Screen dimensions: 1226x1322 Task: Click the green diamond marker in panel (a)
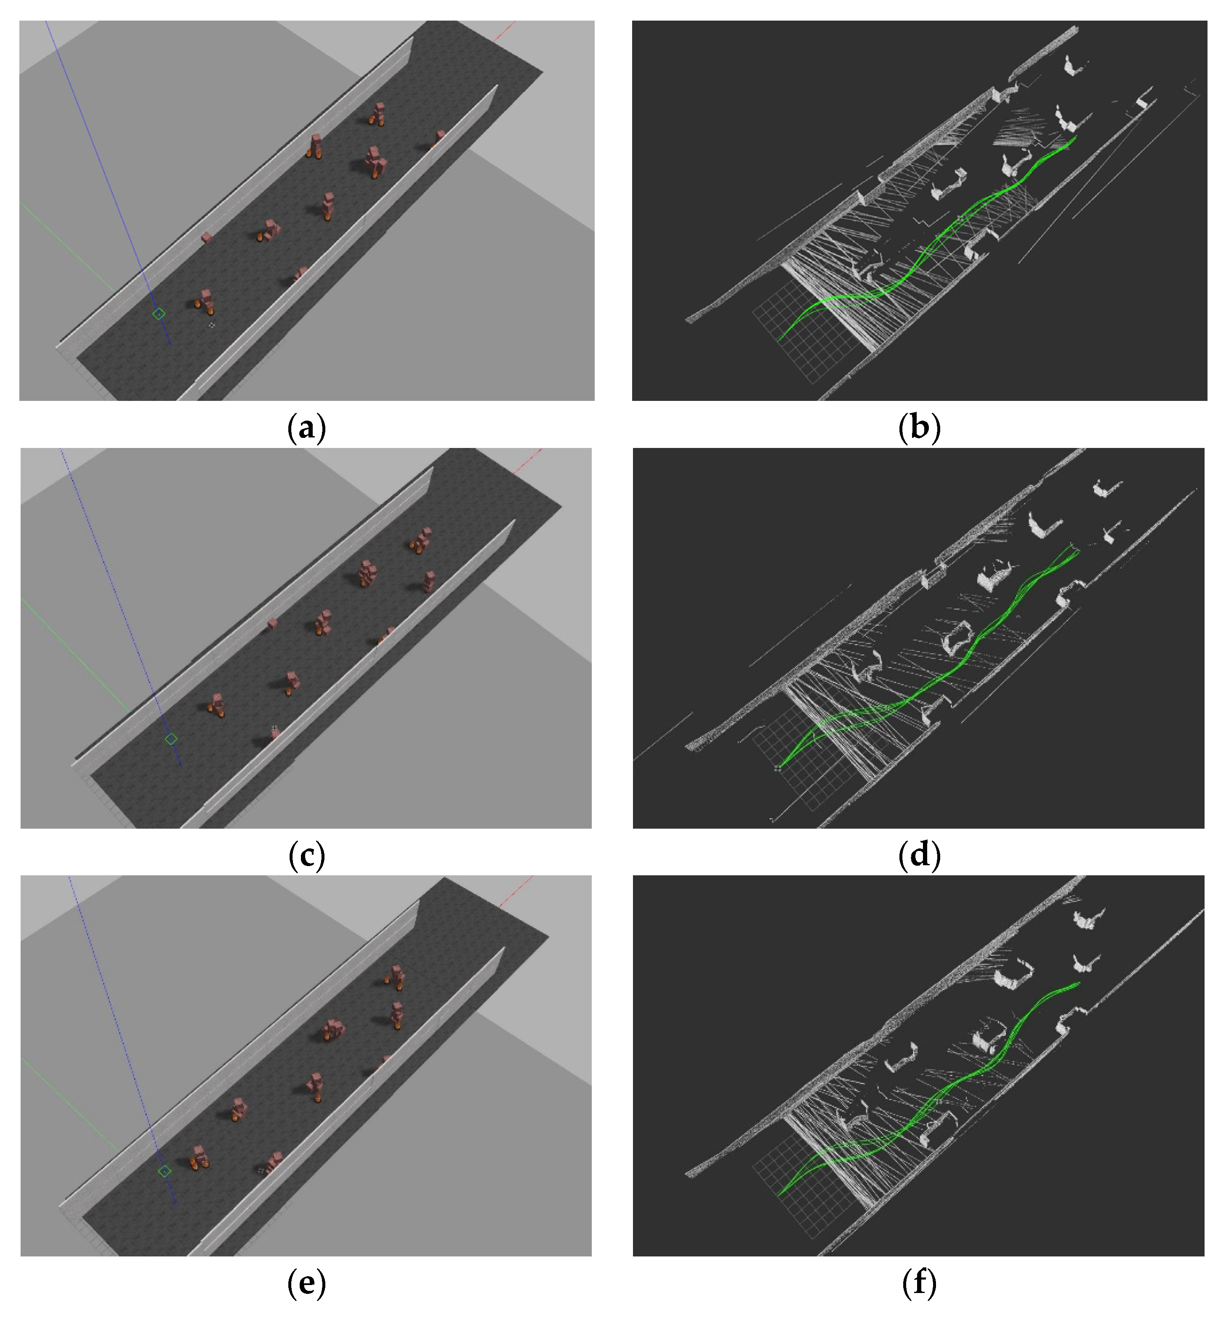(x=158, y=314)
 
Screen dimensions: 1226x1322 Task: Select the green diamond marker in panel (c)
(x=171, y=739)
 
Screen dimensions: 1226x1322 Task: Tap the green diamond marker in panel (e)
(x=164, y=1172)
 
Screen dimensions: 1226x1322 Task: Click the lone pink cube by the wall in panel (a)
(x=207, y=237)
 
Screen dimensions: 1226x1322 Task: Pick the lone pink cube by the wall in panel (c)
(x=272, y=624)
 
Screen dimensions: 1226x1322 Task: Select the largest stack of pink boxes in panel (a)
(x=375, y=161)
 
